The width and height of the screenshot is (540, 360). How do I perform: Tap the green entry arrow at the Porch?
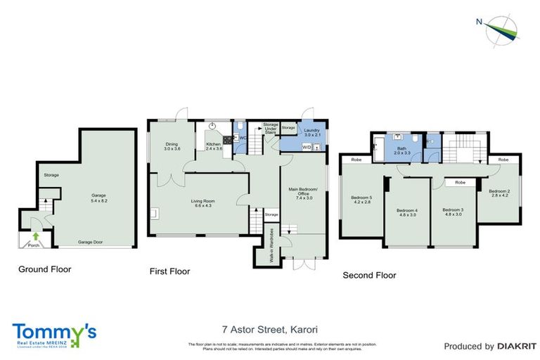(34, 236)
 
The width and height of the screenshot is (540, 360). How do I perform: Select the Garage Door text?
(91, 241)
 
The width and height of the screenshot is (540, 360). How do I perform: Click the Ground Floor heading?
(44, 269)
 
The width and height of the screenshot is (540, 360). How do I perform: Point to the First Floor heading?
(169, 271)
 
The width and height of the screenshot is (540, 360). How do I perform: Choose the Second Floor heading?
(369, 275)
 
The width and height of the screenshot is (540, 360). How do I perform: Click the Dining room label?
(172, 146)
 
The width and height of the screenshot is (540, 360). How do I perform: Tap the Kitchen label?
(214, 146)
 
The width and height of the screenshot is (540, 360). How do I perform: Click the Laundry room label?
(311, 131)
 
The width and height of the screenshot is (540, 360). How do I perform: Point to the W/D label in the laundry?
(306, 148)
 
